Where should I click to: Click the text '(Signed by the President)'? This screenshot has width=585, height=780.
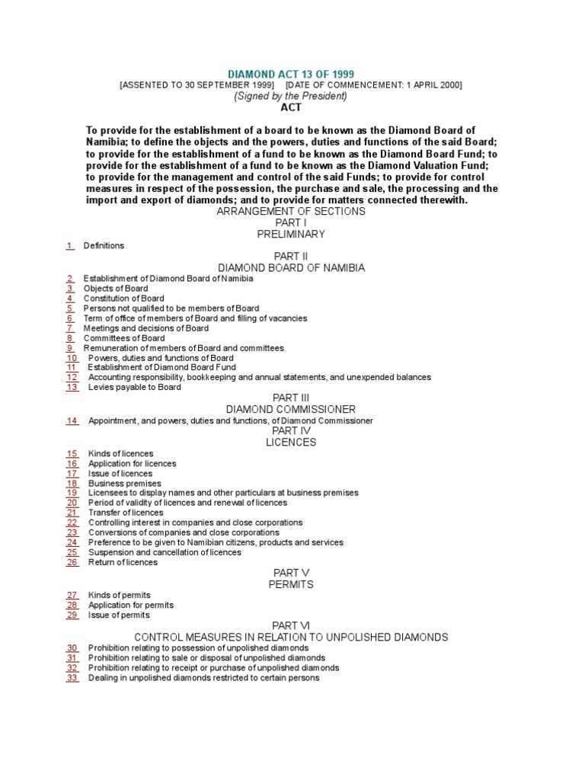290,96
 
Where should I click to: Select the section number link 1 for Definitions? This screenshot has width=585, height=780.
69,245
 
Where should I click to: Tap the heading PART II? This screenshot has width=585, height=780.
290,257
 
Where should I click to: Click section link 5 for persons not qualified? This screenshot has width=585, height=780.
69,308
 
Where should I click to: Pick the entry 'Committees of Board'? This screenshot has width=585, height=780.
123,338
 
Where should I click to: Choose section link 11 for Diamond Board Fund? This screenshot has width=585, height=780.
72,367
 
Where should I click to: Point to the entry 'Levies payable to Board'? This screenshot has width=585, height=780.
134,387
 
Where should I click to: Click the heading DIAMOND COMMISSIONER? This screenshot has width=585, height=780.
290,409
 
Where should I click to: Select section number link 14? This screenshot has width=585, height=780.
72,420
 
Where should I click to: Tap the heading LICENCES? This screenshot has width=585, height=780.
290,442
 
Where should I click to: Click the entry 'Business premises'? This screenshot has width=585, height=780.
124,483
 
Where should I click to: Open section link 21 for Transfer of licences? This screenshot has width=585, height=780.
72,513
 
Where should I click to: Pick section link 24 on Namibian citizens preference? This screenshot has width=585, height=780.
72,542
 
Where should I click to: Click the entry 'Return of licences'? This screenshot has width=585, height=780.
123,562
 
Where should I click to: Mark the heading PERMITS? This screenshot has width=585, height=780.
290,584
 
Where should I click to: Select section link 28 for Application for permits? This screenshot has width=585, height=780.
72,605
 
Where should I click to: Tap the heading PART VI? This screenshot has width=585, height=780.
290,625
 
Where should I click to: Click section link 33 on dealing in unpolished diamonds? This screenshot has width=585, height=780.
72,677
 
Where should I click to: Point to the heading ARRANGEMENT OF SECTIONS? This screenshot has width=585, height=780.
290,211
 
